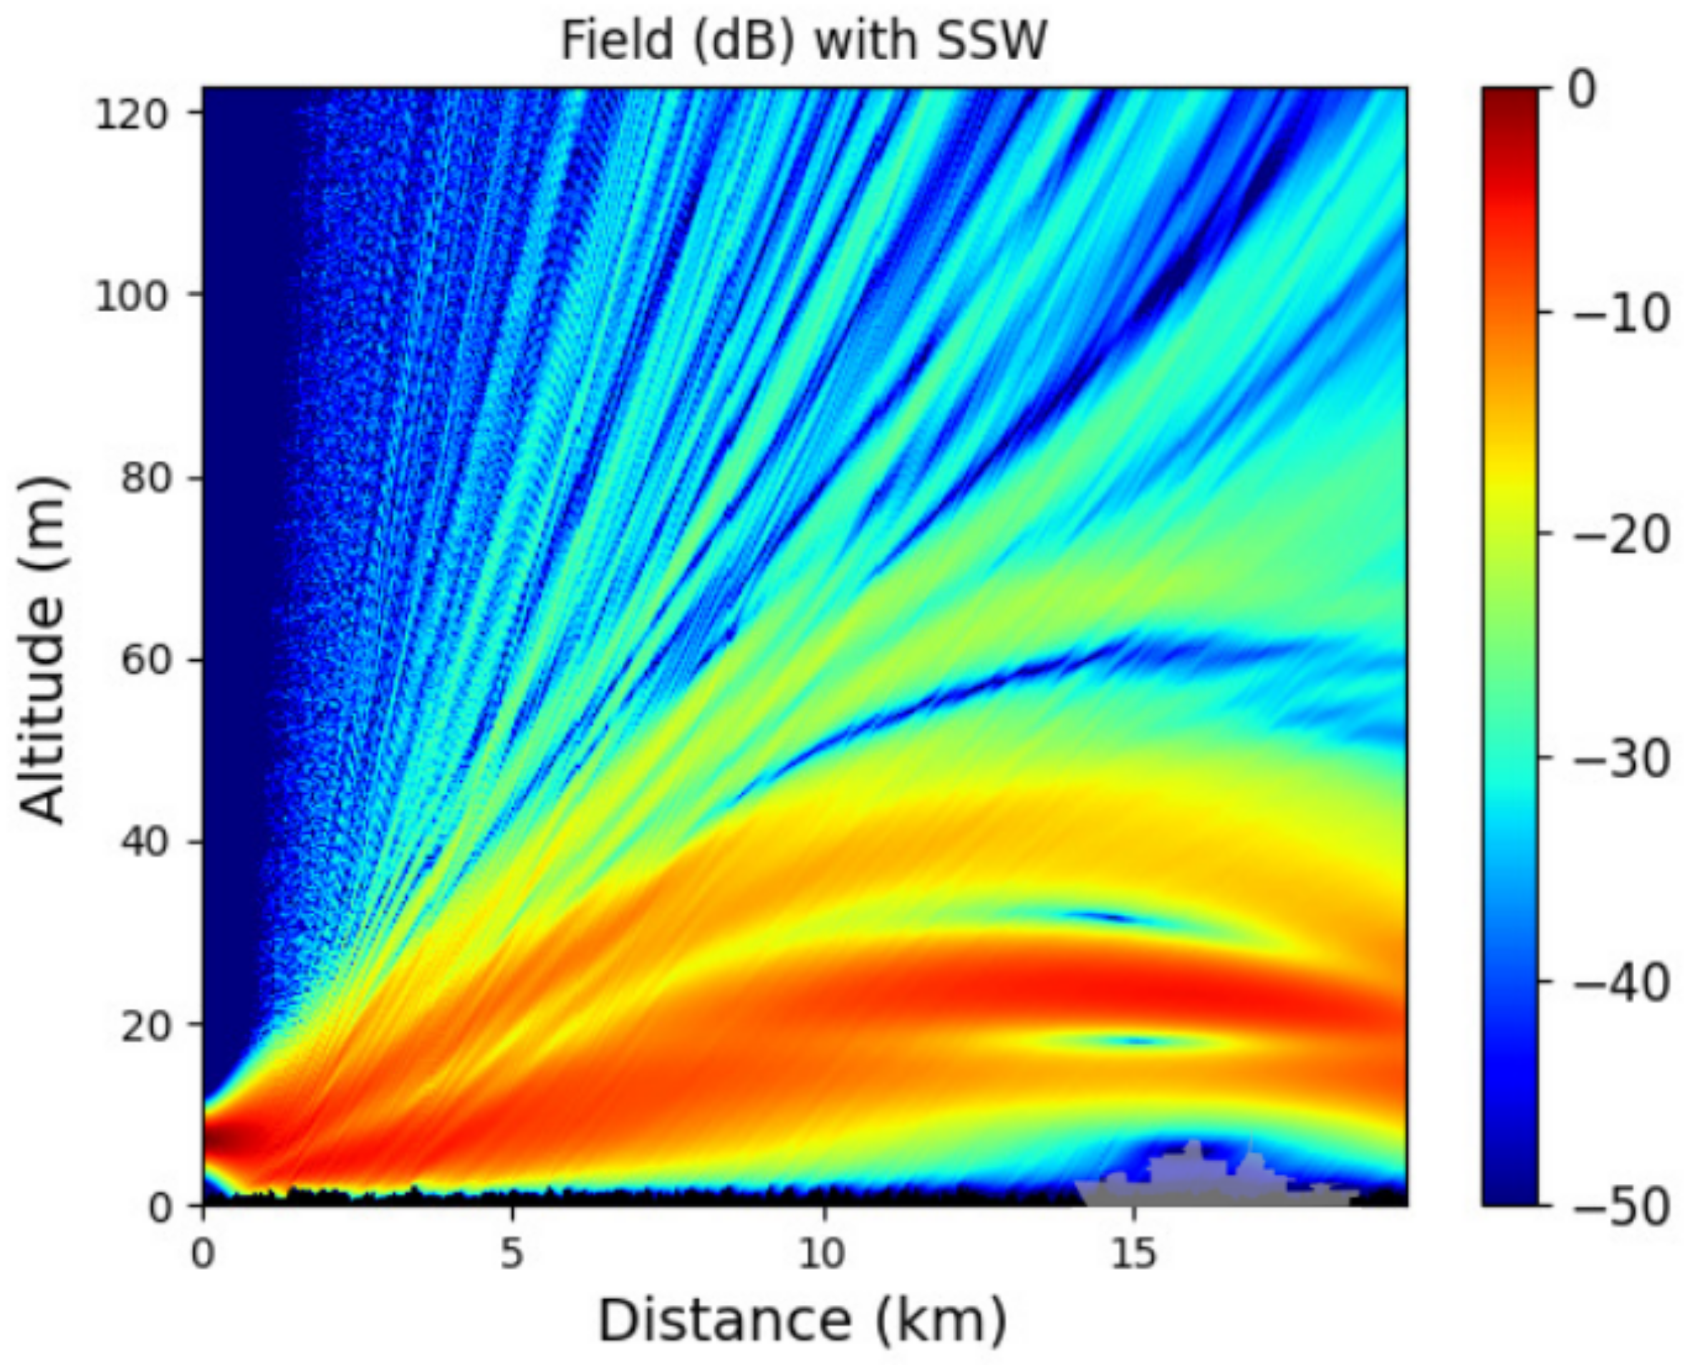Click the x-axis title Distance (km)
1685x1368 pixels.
[x=802, y=1320]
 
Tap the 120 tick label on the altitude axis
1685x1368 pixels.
[x=132, y=115]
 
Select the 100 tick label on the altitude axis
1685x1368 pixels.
[x=132, y=297]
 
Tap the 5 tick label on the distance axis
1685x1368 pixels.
[x=512, y=1252]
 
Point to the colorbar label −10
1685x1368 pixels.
[x=1621, y=314]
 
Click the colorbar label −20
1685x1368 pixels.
[x=1621, y=536]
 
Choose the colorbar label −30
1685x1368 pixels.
[x=1621, y=759]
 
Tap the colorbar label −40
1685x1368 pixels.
[x=1621, y=982]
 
